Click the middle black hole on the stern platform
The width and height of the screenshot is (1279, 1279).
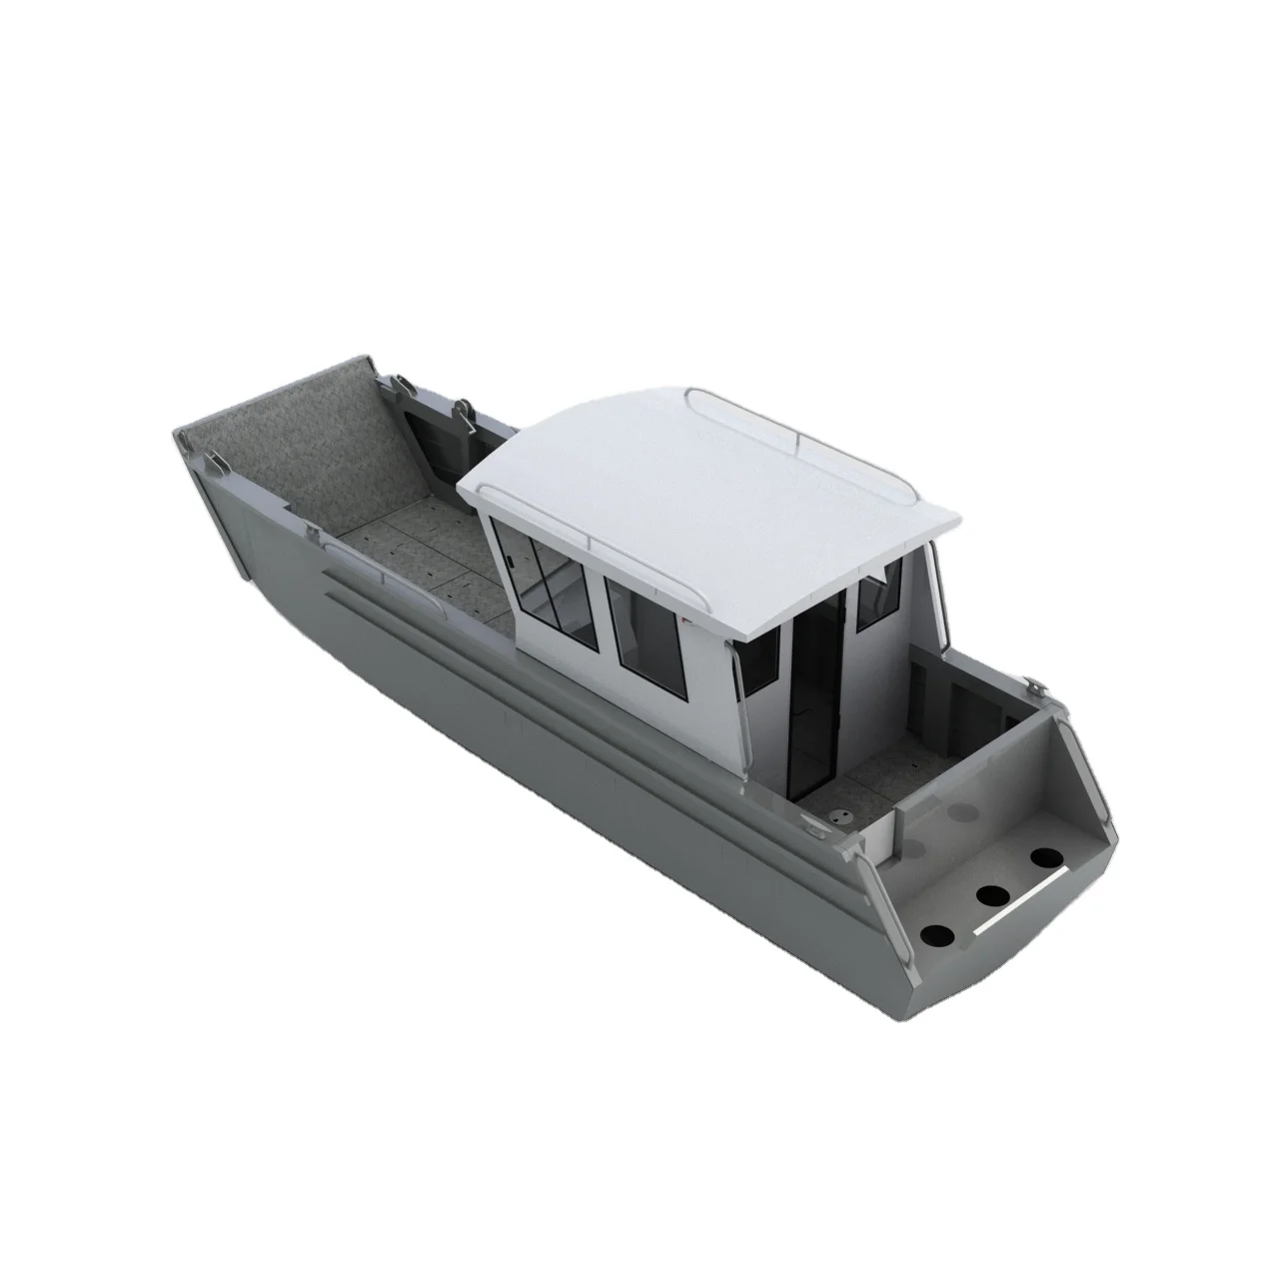991,895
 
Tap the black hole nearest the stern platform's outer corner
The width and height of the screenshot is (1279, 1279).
938,935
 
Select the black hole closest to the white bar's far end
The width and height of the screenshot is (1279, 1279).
1047,857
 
